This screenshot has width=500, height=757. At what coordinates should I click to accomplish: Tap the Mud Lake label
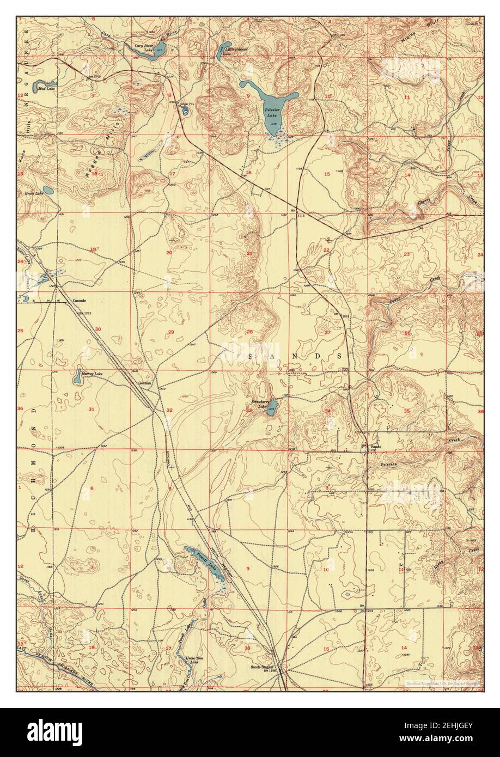pos(46,88)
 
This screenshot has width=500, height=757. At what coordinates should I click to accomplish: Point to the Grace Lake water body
pos(48,191)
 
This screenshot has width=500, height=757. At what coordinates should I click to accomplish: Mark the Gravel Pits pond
pos(185,110)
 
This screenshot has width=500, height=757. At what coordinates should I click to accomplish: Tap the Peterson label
pos(389,464)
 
